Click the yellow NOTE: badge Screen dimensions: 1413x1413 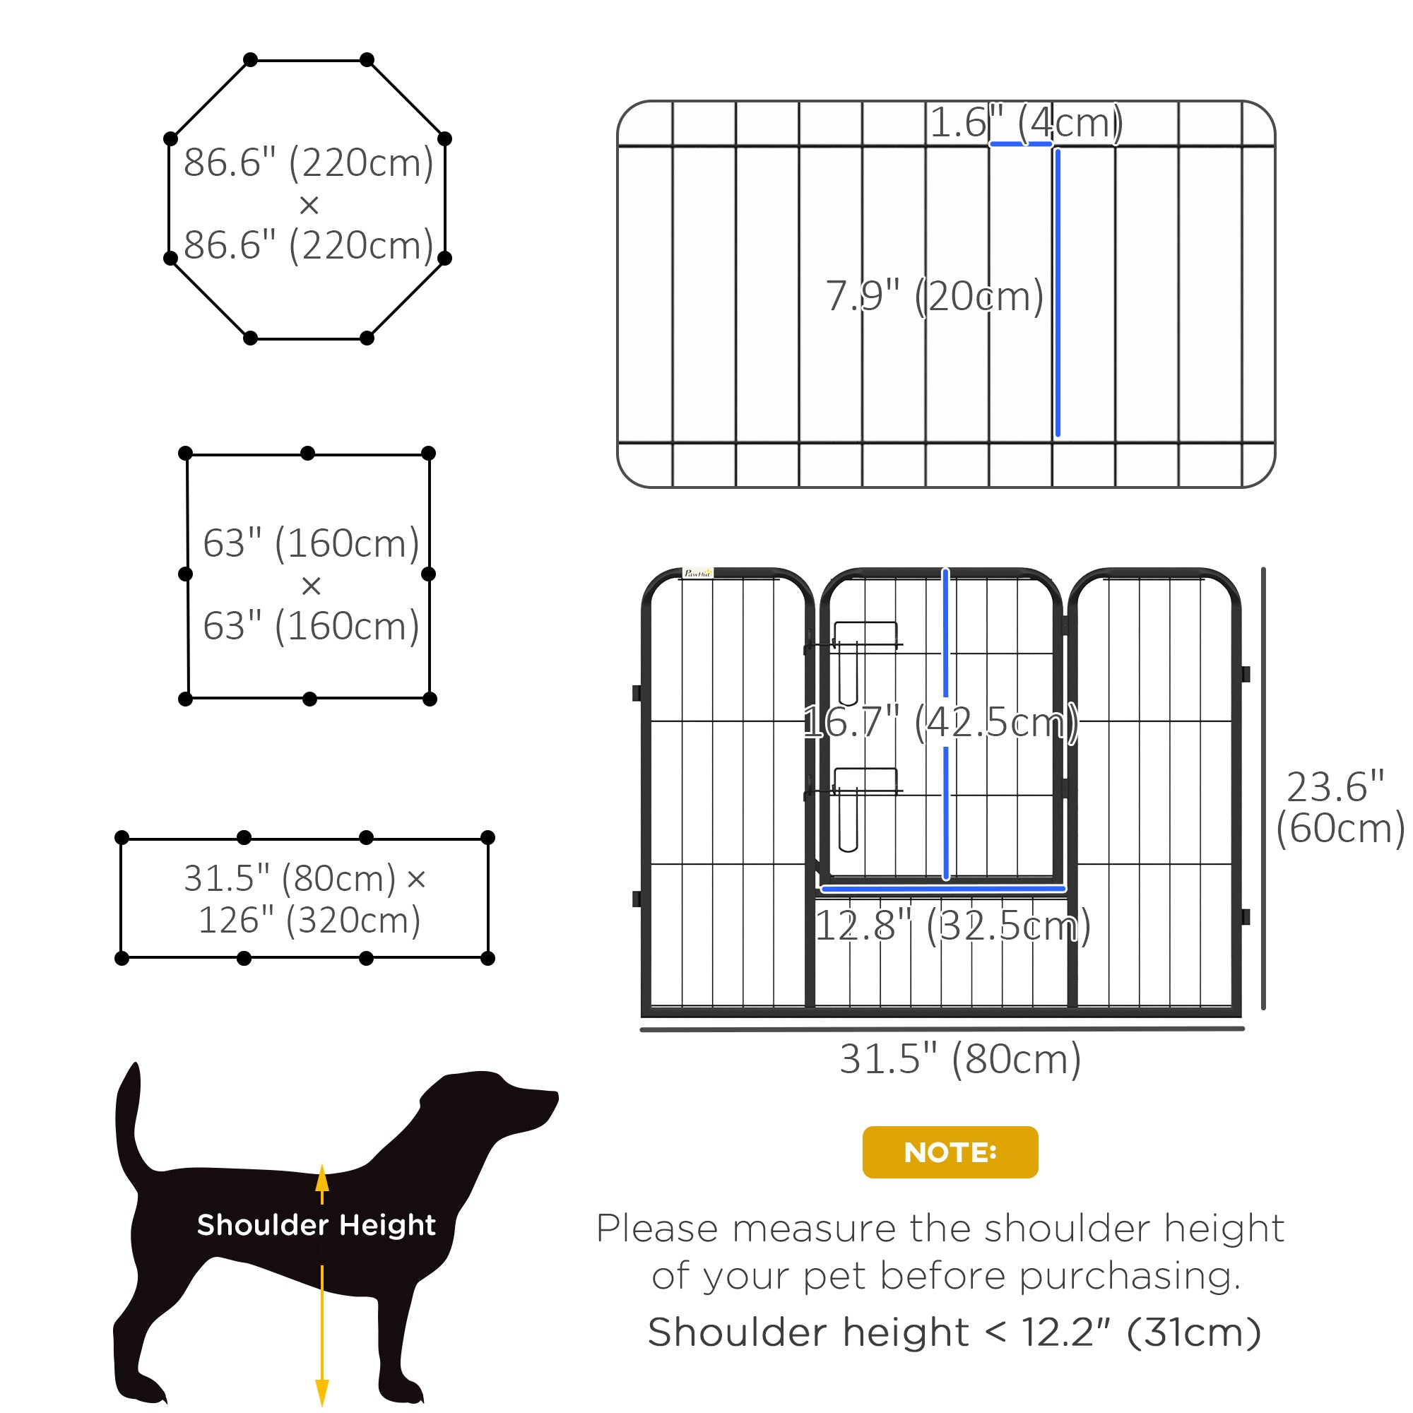pos(950,1152)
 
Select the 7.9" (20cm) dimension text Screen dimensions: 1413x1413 pos(934,296)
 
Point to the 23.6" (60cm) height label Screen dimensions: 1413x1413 pos(1338,808)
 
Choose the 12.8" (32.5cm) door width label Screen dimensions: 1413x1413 pos(952,926)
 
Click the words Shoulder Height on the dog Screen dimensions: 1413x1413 pos(316,1224)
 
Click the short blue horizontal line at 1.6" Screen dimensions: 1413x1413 pos(1020,144)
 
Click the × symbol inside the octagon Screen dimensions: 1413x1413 pos(309,205)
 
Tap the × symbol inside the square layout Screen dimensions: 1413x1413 pos(311,585)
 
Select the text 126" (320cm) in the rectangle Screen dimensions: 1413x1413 pos(309,920)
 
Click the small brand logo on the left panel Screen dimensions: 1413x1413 pos(697,574)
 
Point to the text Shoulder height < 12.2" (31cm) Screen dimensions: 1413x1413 pos(954,1332)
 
